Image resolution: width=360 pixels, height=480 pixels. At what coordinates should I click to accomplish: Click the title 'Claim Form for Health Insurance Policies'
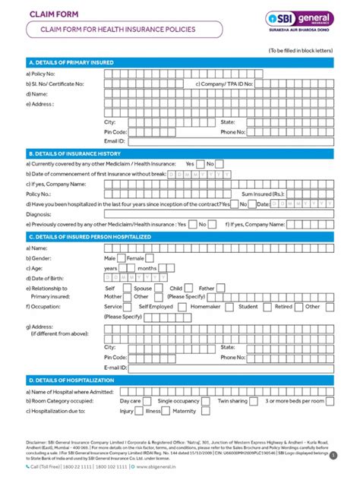pos(112,30)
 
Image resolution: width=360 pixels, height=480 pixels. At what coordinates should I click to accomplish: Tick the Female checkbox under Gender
pos(149,258)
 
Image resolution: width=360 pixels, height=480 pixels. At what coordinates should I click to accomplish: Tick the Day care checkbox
pos(147,400)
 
